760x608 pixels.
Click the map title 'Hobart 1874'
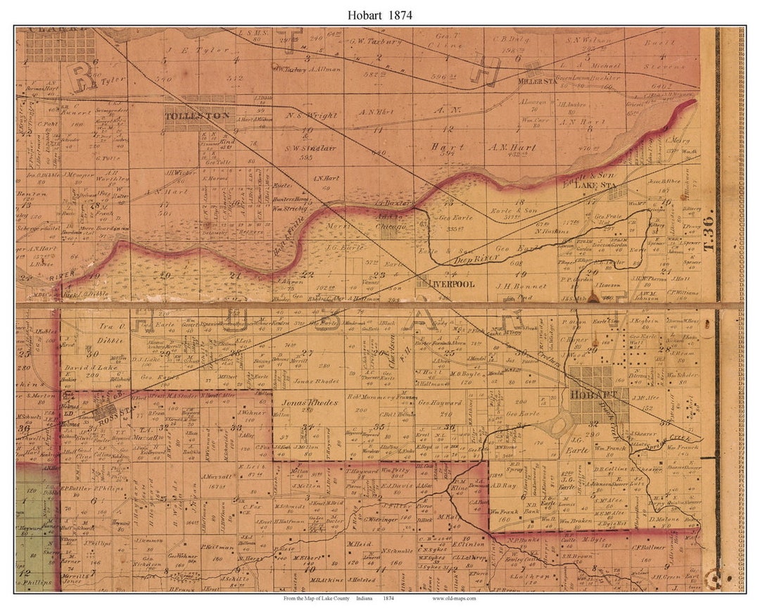tap(380, 14)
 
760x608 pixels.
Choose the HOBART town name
tap(589, 395)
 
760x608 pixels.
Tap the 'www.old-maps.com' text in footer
tap(454, 598)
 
